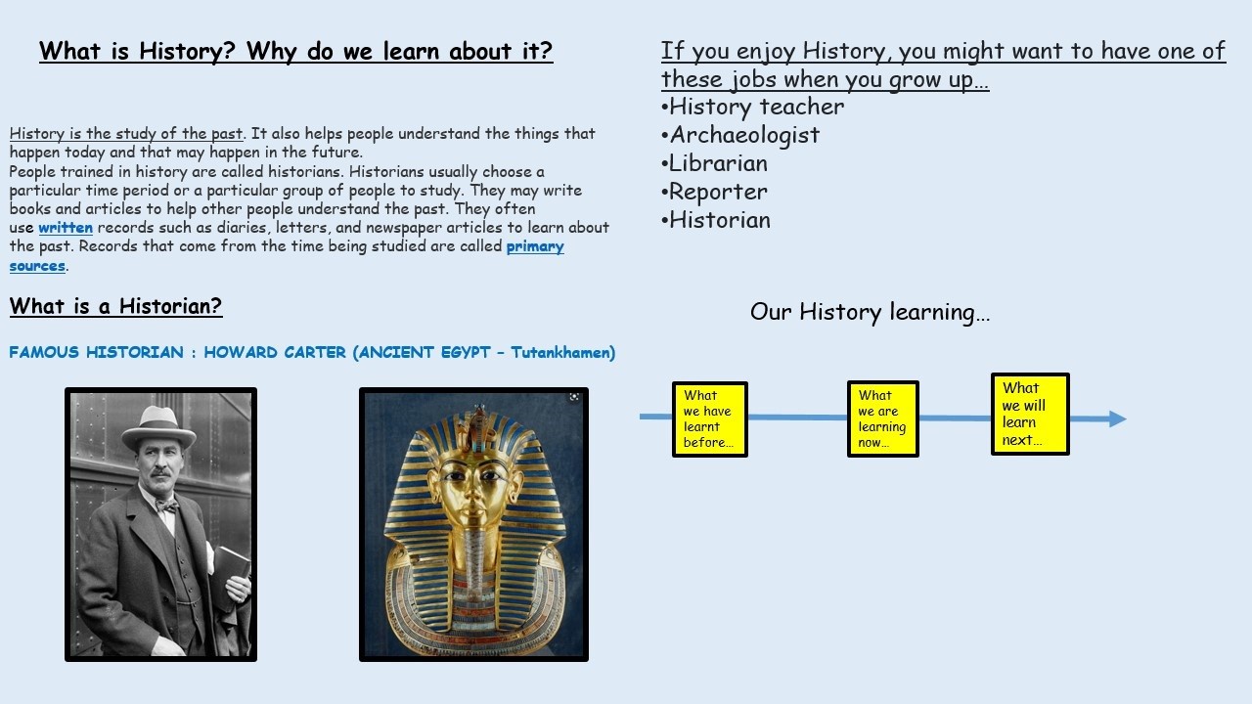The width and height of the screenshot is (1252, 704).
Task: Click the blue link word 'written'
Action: click(66, 228)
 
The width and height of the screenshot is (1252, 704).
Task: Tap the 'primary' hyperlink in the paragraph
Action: click(535, 246)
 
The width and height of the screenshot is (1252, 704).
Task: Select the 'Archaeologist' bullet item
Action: click(740, 135)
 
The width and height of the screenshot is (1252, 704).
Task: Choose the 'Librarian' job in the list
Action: click(714, 163)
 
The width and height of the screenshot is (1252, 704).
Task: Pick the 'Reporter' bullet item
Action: click(714, 192)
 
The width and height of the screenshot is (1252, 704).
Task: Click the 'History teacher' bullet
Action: click(752, 107)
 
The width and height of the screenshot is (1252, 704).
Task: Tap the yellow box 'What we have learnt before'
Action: click(710, 419)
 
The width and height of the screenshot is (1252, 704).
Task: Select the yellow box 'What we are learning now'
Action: click(883, 419)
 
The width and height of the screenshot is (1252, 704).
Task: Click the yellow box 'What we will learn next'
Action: click(1030, 414)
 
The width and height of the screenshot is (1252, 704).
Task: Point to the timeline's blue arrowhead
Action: click(1117, 418)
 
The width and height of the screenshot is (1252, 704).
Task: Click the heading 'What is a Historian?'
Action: click(115, 306)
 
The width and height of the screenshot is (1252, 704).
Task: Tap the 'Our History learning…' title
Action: click(870, 312)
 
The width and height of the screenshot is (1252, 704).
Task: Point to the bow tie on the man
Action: click(167, 506)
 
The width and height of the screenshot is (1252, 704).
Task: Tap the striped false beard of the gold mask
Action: click(474, 561)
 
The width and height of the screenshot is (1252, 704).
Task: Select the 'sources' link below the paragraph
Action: click(37, 265)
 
